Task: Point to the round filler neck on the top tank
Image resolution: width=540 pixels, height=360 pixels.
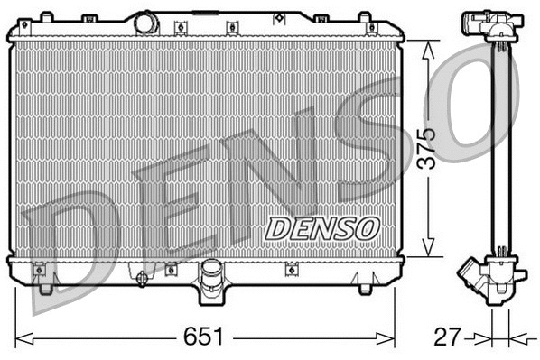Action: pyautogui.click(x=146, y=23)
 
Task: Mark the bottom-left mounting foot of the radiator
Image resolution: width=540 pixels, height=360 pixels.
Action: pyautogui.click(x=46, y=288)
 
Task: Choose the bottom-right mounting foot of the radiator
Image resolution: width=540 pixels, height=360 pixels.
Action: pyautogui.click(x=364, y=288)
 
